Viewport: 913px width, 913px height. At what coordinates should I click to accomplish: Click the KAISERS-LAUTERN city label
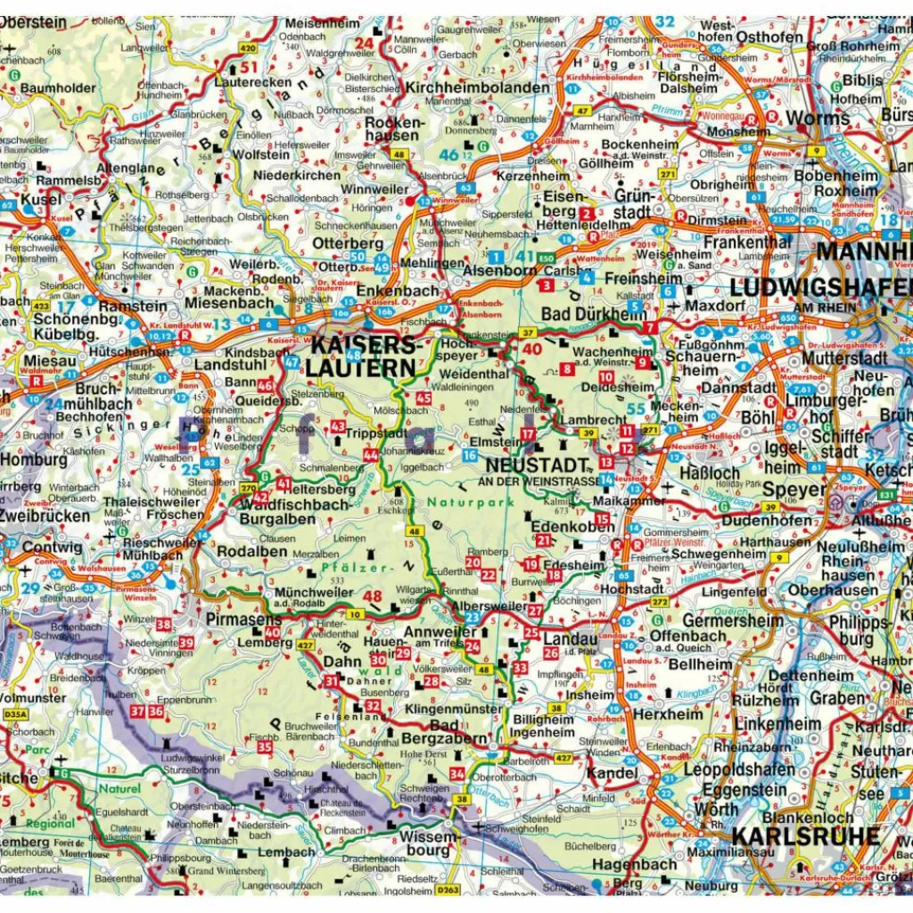363,356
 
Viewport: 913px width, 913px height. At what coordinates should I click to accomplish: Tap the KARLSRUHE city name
806,836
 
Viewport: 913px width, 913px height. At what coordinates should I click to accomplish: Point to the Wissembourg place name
427,843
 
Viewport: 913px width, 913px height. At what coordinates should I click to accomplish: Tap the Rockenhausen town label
391,129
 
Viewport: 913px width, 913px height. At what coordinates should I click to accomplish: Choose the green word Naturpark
457,503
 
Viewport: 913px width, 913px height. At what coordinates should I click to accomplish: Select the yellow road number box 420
248,48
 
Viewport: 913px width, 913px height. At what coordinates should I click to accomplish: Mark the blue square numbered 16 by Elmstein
469,456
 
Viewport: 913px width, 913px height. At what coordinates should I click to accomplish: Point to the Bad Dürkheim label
594,314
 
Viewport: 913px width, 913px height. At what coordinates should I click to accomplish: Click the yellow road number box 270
249,488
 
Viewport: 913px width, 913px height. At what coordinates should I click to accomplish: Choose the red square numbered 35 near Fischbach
265,747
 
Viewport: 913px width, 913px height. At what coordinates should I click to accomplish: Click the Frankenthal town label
747,242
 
